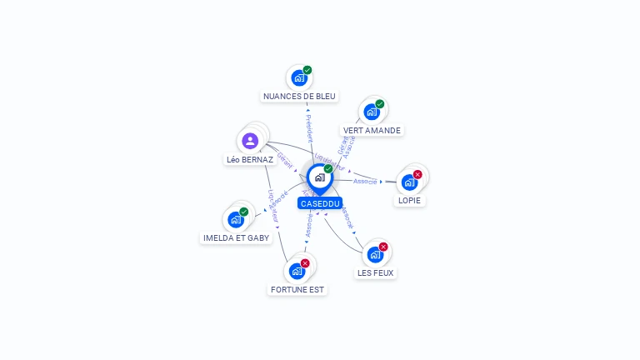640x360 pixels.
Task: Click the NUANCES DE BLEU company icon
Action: (298, 78)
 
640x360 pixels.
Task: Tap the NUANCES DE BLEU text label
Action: (299, 97)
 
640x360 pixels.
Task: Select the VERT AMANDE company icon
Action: (372, 112)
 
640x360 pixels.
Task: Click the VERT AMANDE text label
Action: (372, 131)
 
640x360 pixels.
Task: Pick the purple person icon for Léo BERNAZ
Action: (250, 141)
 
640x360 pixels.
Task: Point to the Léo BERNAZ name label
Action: (250, 159)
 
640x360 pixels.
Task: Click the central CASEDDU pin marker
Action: (319, 177)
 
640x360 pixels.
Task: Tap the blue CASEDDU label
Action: (320, 203)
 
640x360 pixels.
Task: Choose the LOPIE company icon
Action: (409, 182)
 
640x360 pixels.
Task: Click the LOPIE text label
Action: (410, 201)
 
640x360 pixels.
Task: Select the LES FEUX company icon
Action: (375, 254)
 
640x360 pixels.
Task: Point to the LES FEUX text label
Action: (376, 272)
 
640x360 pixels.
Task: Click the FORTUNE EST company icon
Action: (297, 271)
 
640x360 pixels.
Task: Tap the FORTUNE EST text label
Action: (297, 290)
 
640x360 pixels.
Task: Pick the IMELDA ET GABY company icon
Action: (236, 220)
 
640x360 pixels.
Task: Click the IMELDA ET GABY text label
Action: (237, 238)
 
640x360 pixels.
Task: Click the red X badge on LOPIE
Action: (417, 174)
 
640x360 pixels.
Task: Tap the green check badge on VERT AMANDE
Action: (380, 104)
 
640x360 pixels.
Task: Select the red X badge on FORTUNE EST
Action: (305, 263)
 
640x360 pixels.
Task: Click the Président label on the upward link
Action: (308, 128)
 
